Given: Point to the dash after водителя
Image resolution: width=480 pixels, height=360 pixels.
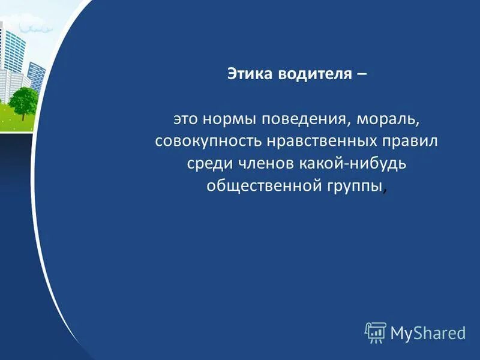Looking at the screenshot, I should [361, 74].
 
